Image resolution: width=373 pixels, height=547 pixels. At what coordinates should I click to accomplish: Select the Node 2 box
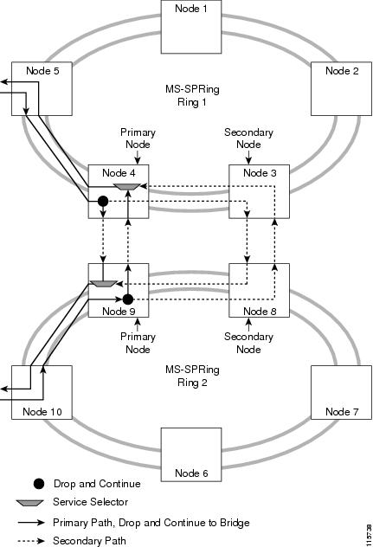341,91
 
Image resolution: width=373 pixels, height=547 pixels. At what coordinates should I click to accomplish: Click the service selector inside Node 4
127,186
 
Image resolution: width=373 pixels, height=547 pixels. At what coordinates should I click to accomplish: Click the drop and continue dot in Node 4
102,202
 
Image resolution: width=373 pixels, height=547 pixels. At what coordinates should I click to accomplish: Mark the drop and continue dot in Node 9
127,299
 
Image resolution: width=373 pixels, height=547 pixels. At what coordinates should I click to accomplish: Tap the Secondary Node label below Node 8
248,344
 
